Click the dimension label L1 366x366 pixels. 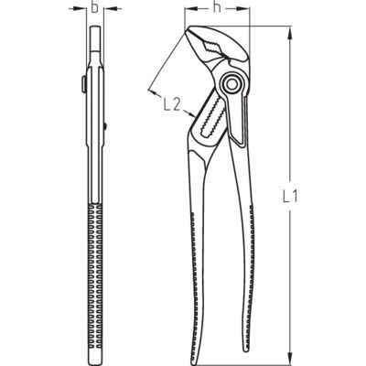point(289,197)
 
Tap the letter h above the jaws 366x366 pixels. point(217,7)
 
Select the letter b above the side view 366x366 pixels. point(95,7)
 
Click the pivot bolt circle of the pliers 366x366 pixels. point(231,83)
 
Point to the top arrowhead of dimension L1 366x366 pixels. point(289,33)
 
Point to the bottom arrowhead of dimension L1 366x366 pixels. point(289,359)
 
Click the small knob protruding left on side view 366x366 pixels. point(83,83)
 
